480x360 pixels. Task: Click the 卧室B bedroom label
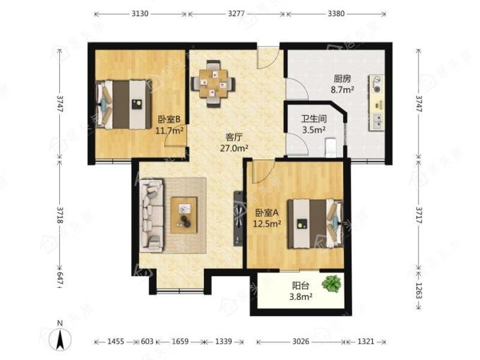[169, 119]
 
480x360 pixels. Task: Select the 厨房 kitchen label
[342, 79]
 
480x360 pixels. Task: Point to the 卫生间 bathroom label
[314, 119]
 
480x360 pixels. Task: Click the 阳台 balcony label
[300, 286]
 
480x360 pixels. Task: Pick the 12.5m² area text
[267, 224]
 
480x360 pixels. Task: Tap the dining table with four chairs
[213, 83]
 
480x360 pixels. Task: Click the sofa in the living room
[151, 216]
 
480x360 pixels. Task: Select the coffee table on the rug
[184, 215]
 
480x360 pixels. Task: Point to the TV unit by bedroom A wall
[238, 218]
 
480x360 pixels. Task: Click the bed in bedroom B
[124, 104]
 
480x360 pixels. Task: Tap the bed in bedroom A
[315, 224]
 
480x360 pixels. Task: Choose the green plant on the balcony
[332, 284]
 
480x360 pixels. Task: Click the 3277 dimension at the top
[236, 13]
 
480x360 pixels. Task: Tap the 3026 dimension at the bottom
[301, 341]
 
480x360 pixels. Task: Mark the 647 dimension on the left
[60, 280]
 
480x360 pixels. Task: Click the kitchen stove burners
[376, 85]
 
